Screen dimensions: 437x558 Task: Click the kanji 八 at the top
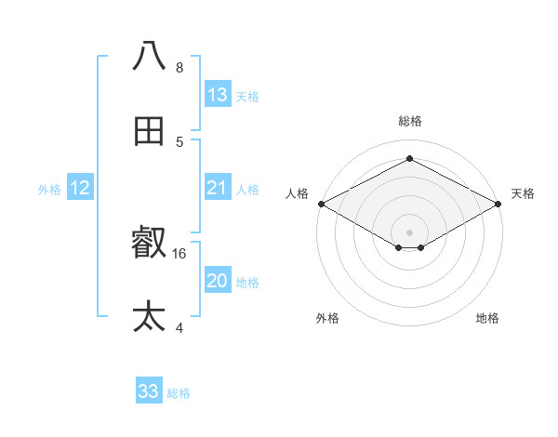[x=150, y=56]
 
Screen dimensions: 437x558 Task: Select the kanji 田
[x=150, y=131]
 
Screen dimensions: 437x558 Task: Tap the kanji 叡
[x=150, y=244]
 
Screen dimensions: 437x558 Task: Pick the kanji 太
[x=150, y=317]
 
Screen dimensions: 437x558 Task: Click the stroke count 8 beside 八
[x=179, y=68]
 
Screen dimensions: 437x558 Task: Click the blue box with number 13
[x=218, y=95]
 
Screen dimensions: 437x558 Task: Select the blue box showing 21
[x=218, y=188]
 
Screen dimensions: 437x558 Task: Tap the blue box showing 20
[x=218, y=281]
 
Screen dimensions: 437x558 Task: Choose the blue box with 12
[x=80, y=188]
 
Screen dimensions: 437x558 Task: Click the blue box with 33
[x=149, y=391]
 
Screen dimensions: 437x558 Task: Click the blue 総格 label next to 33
[x=179, y=393]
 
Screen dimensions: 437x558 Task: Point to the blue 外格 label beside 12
[x=49, y=190]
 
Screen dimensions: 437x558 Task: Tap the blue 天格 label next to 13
[x=246, y=97]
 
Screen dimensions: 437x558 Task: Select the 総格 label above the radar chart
[x=409, y=121]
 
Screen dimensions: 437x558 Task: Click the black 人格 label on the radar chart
[x=297, y=193]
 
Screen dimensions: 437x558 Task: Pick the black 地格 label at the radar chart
[x=487, y=318]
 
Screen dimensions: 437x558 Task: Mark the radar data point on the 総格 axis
[x=409, y=159]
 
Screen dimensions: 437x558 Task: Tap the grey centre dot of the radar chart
[x=409, y=232]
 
